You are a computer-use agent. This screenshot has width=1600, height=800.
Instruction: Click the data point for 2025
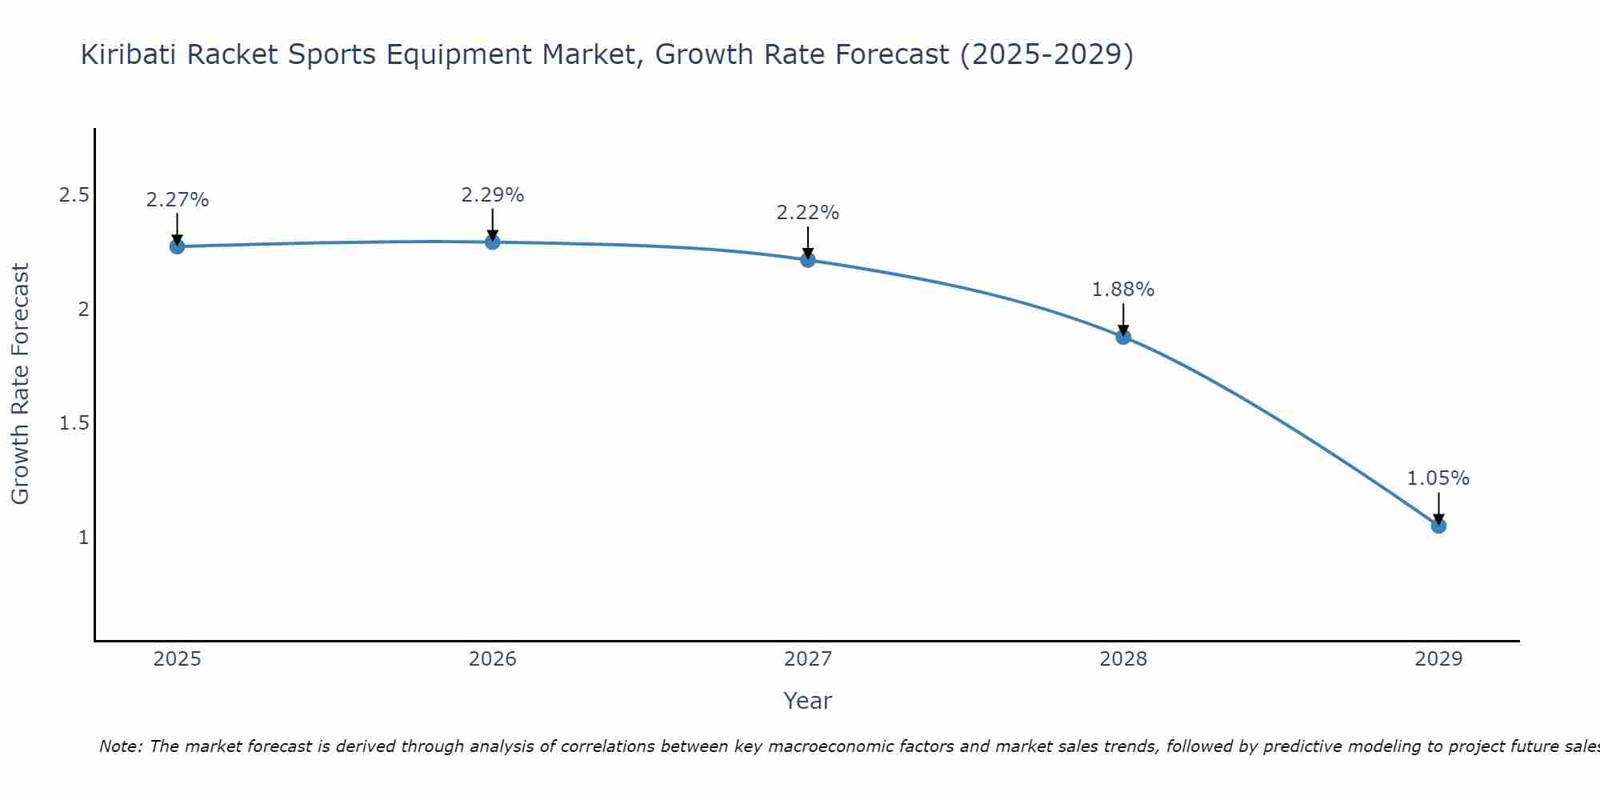(178, 246)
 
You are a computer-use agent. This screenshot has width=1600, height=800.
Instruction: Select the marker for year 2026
(493, 242)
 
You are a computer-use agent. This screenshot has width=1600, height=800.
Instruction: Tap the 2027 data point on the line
(808, 259)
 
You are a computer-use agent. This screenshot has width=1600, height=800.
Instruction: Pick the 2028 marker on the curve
(1123, 337)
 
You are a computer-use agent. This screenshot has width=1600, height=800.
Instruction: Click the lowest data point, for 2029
(1438, 526)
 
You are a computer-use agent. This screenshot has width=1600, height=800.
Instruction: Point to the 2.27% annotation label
(178, 200)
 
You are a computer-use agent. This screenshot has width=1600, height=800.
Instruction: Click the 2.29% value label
(493, 195)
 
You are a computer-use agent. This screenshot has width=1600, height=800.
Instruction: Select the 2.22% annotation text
(808, 213)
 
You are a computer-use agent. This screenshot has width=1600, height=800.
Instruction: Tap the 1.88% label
(1123, 290)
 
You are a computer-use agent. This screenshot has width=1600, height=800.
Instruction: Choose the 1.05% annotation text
(1438, 478)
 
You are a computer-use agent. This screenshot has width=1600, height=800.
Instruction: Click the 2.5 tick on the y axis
(74, 195)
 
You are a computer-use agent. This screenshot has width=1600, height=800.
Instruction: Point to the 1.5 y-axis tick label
(74, 423)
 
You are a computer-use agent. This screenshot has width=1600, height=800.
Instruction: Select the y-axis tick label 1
(83, 537)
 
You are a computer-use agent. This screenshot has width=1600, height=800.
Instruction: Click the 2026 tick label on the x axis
(493, 659)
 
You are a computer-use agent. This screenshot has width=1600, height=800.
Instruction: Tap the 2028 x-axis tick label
(1123, 659)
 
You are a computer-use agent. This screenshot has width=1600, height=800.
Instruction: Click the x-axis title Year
(808, 701)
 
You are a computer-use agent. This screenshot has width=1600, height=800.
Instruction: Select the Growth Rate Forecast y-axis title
(20, 384)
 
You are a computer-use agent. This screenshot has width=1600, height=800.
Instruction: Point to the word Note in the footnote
(120, 746)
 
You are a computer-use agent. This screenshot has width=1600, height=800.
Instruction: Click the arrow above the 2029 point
(1438, 507)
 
